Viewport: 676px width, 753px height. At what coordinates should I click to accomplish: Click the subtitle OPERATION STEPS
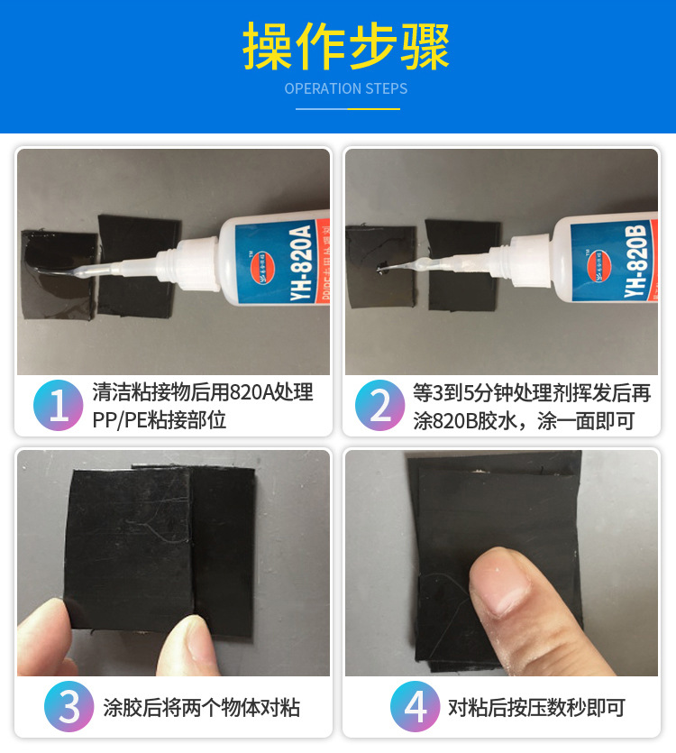346,88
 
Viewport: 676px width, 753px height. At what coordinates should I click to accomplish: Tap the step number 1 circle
59,407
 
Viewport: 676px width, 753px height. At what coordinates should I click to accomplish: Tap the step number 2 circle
380,407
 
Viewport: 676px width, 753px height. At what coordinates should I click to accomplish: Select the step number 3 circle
69,707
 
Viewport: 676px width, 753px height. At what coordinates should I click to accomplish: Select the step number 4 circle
416,707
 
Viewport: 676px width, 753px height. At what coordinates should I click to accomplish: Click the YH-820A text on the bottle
300,262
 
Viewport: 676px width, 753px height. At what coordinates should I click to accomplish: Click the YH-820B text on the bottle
636,262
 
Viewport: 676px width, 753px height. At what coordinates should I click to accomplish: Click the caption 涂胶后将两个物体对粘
201,707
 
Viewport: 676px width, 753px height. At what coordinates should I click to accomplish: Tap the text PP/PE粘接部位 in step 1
158,420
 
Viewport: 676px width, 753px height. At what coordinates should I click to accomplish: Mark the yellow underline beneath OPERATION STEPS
372,108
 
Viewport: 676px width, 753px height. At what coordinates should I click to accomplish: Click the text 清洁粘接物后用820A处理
202,393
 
